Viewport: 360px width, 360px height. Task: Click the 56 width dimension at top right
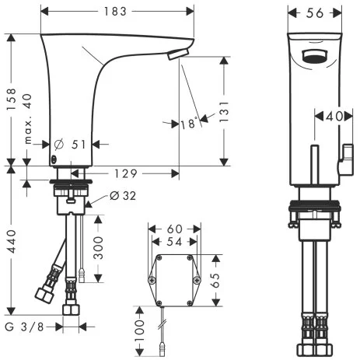(315, 12)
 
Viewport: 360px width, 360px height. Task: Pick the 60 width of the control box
(176, 229)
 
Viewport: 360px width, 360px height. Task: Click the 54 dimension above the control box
(176, 243)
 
